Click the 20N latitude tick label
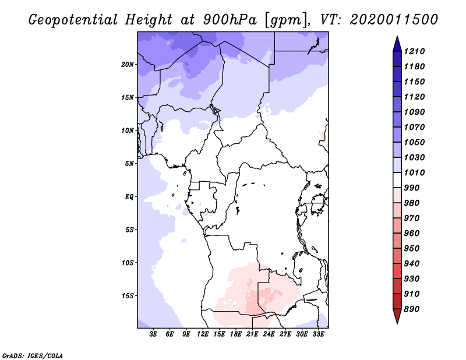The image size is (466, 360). pyautogui.click(x=128, y=64)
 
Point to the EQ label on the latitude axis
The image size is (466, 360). pyautogui.click(x=129, y=196)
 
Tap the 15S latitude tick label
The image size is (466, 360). pyautogui.click(x=128, y=295)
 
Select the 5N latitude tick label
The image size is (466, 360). pyautogui.click(x=129, y=163)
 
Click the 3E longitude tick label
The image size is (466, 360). pyautogui.click(x=154, y=334)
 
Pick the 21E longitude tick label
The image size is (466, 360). pyautogui.click(x=253, y=334)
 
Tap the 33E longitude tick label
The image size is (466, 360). pyautogui.click(x=319, y=334)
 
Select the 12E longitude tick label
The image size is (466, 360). pyautogui.click(x=203, y=334)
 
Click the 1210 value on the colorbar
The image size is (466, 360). pyautogui.click(x=416, y=51)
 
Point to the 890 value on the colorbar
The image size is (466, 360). pyautogui.click(x=414, y=309)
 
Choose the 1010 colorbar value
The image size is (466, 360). pyautogui.click(x=416, y=172)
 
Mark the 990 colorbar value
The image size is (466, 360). pyautogui.click(x=414, y=188)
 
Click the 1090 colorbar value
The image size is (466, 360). pyautogui.click(x=416, y=112)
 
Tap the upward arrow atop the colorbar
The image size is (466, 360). pyautogui.click(x=396, y=43)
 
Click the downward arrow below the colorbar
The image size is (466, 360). pyautogui.click(x=396, y=317)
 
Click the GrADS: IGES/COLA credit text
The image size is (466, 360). pyautogui.click(x=32, y=355)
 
